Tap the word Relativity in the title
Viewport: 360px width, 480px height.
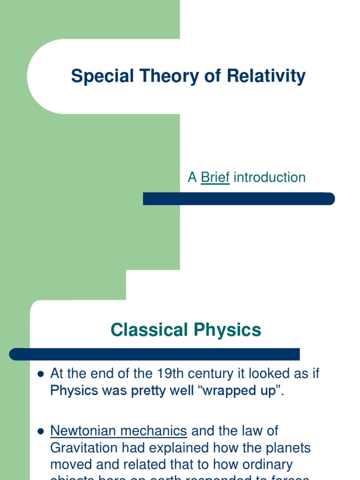click(266, 76)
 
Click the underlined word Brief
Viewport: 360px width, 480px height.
click(215, 178)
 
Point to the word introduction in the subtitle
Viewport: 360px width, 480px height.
click(270, 178)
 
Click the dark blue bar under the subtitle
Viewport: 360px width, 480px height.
click(239, 199)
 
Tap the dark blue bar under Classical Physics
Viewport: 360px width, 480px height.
click(155, 354)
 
